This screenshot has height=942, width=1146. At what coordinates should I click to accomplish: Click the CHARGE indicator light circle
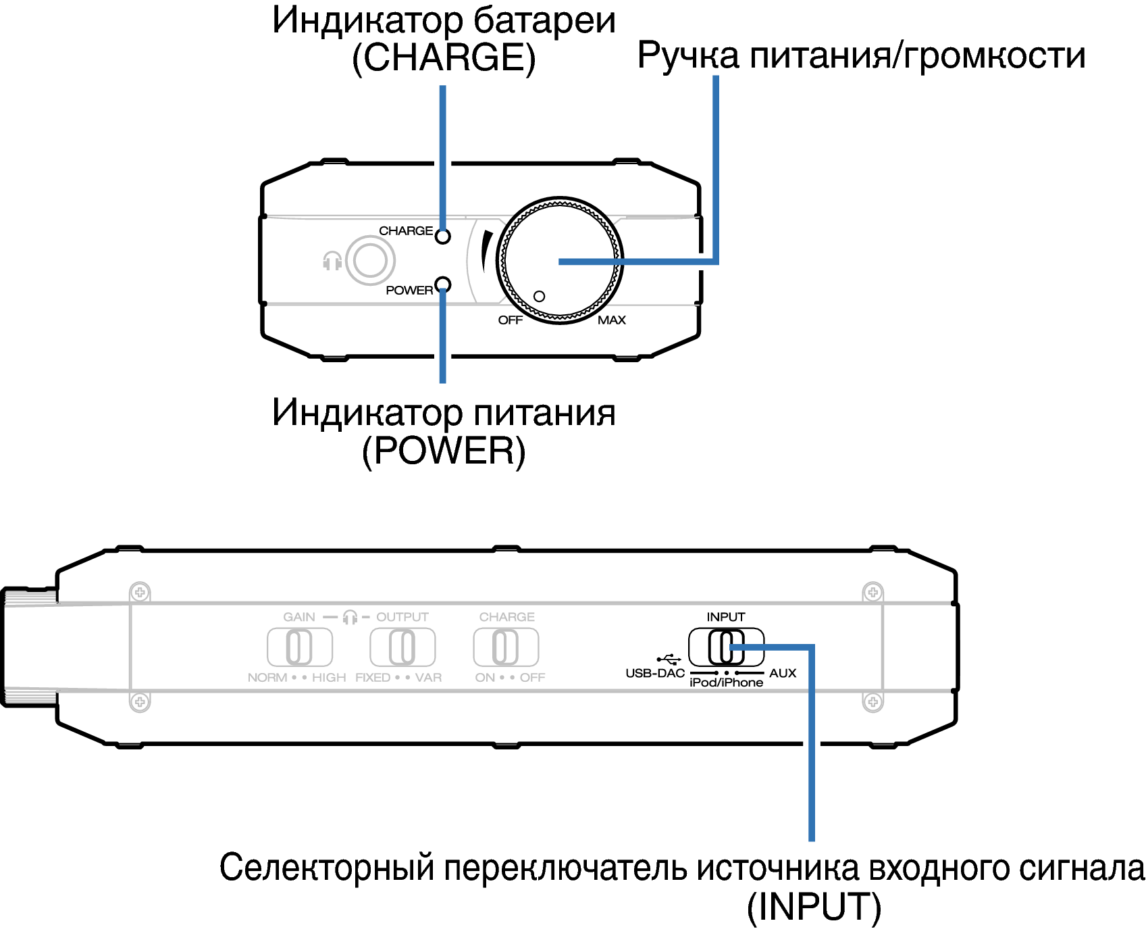pyautogui.click(x=443, y=237)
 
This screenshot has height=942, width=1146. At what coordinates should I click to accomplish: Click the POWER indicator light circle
pyautogui.click(x=443, y=284)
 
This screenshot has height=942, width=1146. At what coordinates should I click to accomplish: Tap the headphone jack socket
pyautogui.click(x=370, y=261)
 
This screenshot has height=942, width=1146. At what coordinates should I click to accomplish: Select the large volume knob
pyautogui.click(x=560, y=261)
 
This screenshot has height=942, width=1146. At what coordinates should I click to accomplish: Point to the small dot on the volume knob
pyautogui.click(x=539, y=297)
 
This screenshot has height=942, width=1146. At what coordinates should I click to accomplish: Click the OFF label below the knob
pyautogui.click(x=511, y=320)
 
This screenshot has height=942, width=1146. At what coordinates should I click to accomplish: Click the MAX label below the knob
pyautogui.click(x=612, y=320)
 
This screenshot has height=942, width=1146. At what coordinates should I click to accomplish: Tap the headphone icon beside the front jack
pyautogui.click(x=332, y=261)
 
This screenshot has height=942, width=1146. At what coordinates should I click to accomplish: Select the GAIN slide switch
pyautogui.click(x=300, y=647)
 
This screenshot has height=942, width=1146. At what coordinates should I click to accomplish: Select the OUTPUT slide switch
pyautogui.click(x=402, y=647)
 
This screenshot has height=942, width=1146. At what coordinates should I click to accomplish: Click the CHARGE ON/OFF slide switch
pyautogui.click(x=506, y=647)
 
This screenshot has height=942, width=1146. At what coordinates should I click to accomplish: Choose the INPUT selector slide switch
pyautogui.click(x=726, y=647)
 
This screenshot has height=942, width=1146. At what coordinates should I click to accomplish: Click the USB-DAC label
pyautogui.click(x=655, y=674)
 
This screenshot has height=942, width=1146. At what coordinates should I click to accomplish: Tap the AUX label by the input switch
pyautogui.click(x=783, y=674)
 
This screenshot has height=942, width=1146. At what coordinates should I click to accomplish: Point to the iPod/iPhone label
pyautogui.click(x=726, y=683)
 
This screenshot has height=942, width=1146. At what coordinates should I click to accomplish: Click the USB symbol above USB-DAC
pyautogui.click(x=669, y=659)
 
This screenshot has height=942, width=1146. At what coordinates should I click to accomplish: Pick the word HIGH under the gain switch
pyautogui.click(x=329, y=678)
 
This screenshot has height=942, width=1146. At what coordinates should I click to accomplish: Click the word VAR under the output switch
pyautogui.click(x=428, y=678)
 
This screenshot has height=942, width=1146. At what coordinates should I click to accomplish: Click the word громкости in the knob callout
pyautogui.click(x=994, y=55)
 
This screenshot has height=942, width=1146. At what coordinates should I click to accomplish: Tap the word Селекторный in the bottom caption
pyautogui.click(x=327, y=868)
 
